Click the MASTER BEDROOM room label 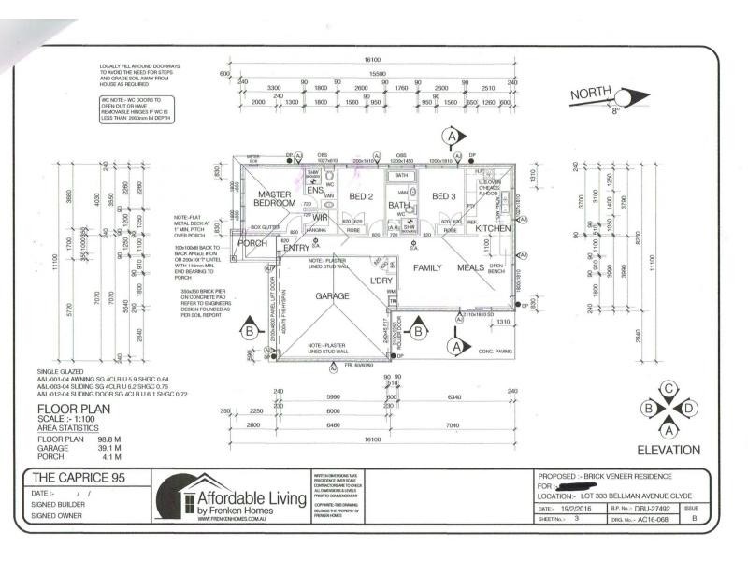(277, 199)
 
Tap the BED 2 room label (362, 196)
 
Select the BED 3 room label (444, 195)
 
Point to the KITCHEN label (493, 228)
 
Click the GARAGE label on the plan (332, 296)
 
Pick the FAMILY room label (428, 267)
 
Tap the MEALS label (471, 267)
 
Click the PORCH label (252, 244)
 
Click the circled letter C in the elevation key (669, 389)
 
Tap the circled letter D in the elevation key (689, 409)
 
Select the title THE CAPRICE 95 (72, 478)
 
